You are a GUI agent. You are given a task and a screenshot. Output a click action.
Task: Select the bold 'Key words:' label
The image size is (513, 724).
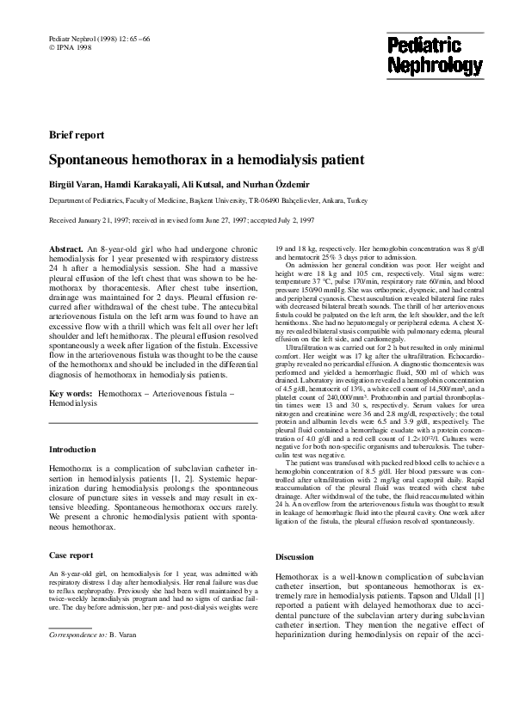point(71,393)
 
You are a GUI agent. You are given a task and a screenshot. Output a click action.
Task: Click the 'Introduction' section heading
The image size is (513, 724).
point(72,449)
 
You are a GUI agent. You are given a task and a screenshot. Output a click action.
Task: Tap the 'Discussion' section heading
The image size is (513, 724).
point(295,557)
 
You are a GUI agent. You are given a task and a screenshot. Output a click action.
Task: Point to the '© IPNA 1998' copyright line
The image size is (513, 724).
point(70,48)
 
